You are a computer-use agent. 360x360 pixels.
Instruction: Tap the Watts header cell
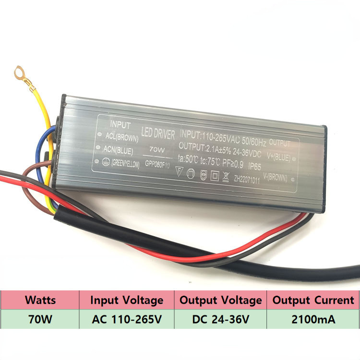point(40,300)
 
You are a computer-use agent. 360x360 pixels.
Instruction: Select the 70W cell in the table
point(40,319)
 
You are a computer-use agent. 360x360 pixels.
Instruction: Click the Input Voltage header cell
point(127,300)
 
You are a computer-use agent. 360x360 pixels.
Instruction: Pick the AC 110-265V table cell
point(127,319)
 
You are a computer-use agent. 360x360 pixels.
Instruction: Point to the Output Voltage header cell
point(221,300)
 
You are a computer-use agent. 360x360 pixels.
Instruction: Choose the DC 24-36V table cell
point(221,319)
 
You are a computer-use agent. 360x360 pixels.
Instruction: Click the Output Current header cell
point(313,300)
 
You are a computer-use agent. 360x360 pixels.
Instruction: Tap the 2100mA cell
point(313,319)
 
